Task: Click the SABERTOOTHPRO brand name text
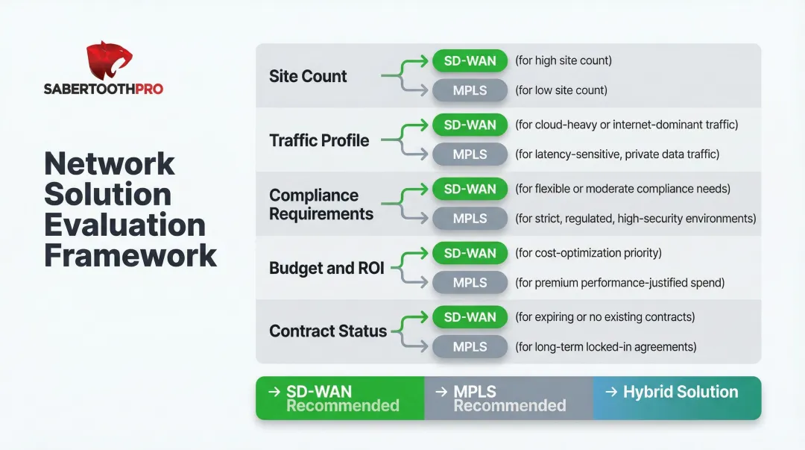(103, 89)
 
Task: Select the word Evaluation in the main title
(124, 225)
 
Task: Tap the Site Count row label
(308, 76)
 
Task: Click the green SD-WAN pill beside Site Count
(470, 60)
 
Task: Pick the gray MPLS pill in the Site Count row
(470, 90)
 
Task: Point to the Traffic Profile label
(319, 140)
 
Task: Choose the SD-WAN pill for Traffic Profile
(470, 125)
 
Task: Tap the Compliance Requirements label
(321, 204)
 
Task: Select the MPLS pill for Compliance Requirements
(470, 219)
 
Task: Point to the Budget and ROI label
(326, 268)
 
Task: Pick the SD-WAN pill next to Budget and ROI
(470, 253)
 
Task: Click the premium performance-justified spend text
(619, 283)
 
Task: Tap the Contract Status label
(328, 331)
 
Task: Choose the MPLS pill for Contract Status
(470, 347)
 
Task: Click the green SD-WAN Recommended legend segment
(340, 399)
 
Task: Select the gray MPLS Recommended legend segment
(508, 399)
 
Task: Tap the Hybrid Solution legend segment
(677, 393)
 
